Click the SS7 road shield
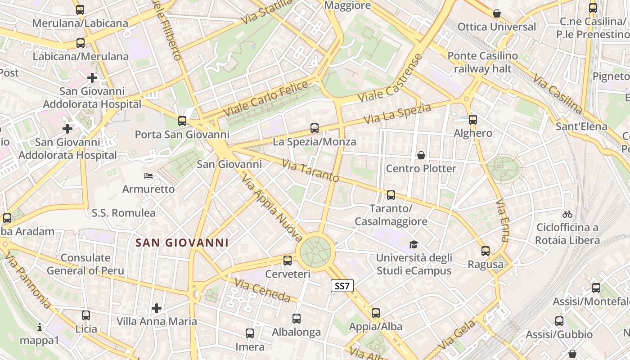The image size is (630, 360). [342, 286]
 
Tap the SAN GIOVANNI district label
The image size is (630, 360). [182, 243]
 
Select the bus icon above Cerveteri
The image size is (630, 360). [288, 260]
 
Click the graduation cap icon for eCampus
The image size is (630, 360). [414, 244]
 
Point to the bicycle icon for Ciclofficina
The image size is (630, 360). [567, 214]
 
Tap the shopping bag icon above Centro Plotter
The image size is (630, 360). [421, 155]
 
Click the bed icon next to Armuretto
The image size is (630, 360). [148, 175]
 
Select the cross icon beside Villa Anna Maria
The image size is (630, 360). [157, 308]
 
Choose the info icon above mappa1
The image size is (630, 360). [40, 327]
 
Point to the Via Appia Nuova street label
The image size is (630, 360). [272, 207]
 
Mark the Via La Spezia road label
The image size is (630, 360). [397, 114]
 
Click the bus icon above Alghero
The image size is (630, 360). [472, 120]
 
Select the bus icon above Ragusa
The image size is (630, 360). [485, 251]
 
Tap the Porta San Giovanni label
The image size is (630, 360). [182, 135]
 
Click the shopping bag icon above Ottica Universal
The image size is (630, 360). [497, 13]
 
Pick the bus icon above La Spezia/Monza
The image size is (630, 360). [315, 128]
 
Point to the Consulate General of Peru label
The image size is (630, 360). [85, 264]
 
